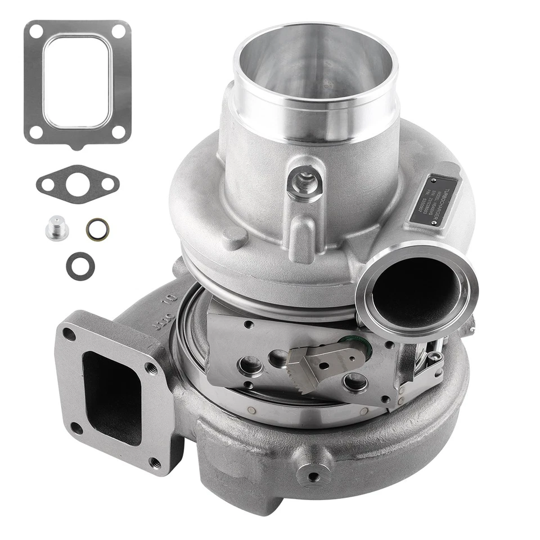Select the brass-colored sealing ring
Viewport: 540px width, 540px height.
97,228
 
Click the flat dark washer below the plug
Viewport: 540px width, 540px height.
80,265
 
